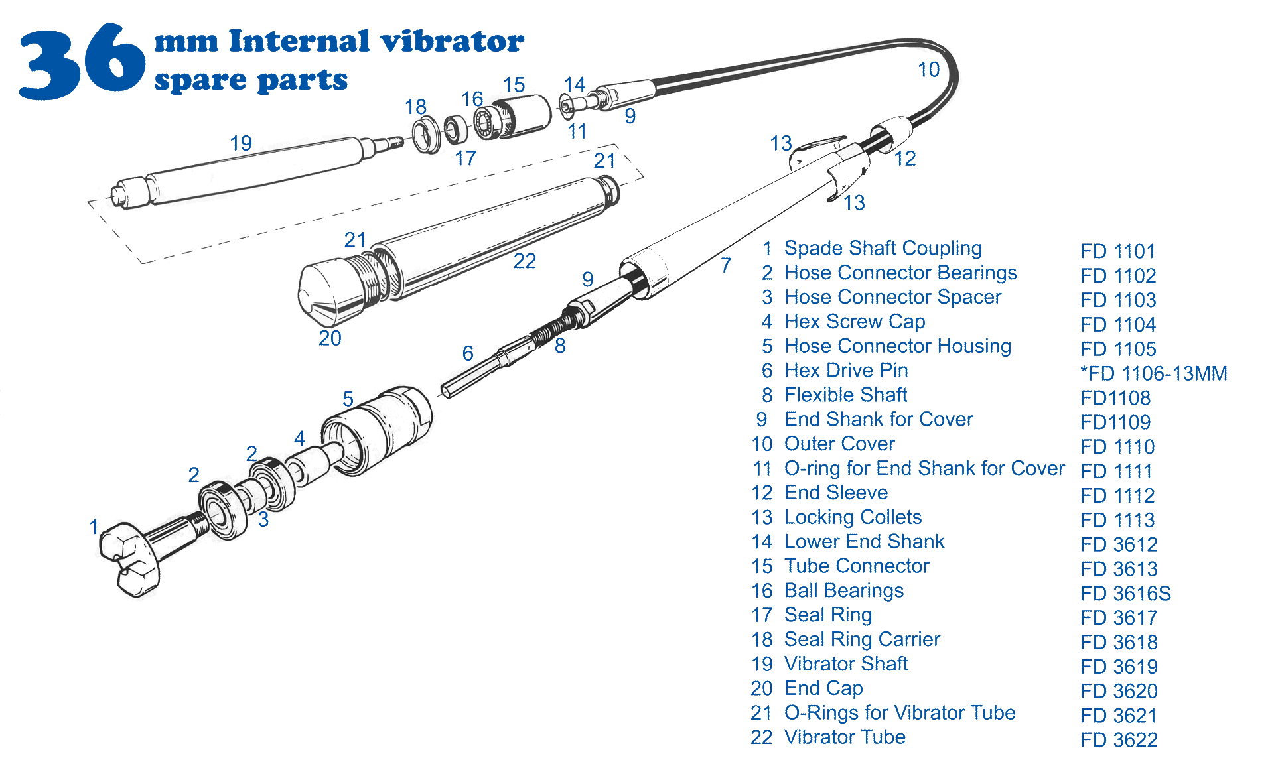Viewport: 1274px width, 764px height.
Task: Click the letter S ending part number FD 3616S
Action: (x=1165, y=593)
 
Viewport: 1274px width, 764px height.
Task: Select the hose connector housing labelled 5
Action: (x=376, y=430)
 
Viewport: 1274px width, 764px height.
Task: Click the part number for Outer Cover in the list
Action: (x=1117, y=446)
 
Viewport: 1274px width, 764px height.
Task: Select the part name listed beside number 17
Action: (x=828, y=615)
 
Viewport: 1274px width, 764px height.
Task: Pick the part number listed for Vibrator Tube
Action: (x=1119, y=739)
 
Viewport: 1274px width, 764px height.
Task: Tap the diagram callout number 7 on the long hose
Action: (x=726, y=265)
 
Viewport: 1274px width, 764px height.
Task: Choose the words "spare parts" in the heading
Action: (x=251, y=81)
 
